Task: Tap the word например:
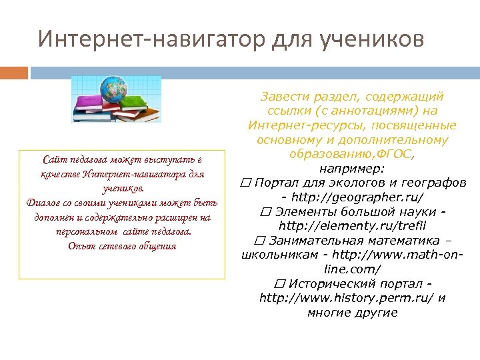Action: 351,169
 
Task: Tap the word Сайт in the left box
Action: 53,160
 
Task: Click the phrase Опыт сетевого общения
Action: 122,245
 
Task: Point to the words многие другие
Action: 352,312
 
